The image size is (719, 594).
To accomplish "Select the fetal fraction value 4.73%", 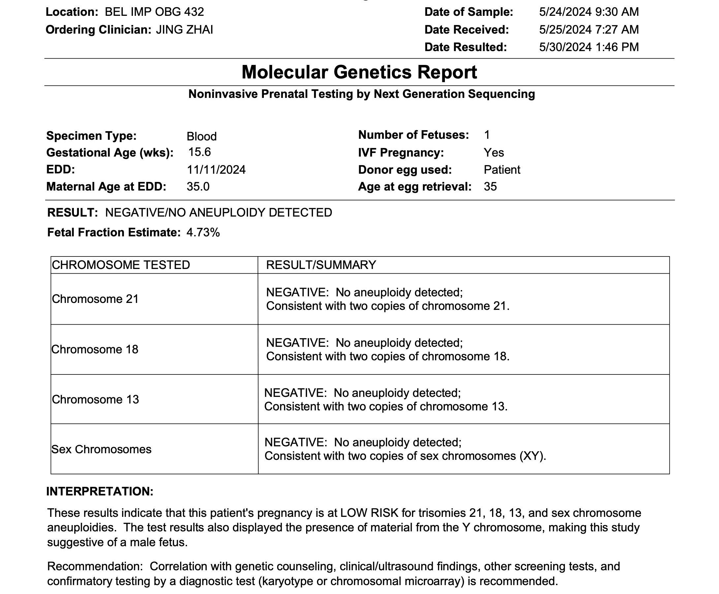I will tap(203, 233).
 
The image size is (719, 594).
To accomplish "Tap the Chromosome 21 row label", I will tap(95, 299).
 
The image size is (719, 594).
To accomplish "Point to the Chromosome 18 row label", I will tap(95, 349).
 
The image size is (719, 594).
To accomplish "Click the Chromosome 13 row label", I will tap(95, 400).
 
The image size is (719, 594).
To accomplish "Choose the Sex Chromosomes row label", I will tap(101, 449).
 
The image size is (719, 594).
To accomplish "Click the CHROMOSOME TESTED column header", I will tap(120, 265).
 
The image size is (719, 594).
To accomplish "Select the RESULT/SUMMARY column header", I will tap(321, 265).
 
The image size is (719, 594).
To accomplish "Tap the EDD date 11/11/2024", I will tap(216, 170).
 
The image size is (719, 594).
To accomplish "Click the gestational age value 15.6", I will tap(200, 152).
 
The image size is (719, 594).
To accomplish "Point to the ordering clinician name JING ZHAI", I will tap(185, 30).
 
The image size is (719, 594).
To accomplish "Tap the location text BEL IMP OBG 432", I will tap(154, 12).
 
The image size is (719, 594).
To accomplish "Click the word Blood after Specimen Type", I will tap(201, 136).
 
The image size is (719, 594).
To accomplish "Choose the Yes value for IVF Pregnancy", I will tap(493, 153).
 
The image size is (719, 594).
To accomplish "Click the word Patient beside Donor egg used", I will tap(502, 170).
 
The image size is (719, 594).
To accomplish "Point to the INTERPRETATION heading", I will tap(100, 491).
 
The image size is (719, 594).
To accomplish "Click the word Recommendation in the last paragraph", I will tap(95, 566).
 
